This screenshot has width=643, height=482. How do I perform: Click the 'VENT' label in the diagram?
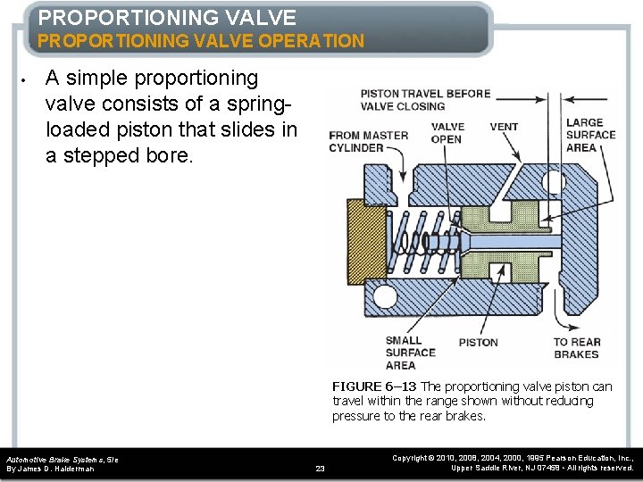click(x=504, y=127)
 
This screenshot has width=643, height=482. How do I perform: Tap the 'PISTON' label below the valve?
click(x=478, y=342)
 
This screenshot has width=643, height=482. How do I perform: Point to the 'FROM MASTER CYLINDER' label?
click(x=368, y=141)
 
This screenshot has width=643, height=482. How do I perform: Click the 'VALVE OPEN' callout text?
click(x=447, y=133)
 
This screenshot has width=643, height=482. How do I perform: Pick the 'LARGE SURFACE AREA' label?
click(x=590, y=135)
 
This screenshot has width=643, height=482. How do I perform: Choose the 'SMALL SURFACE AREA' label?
click(x=410, y=353)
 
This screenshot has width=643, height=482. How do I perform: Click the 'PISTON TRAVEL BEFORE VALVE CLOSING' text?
click(x=425, y=100)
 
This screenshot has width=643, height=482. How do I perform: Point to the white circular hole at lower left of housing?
click(x=386, y=295)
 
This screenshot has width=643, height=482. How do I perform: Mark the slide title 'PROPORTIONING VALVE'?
click(x=167, y=17)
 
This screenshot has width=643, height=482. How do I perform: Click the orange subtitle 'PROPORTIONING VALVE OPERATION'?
click(x=200, y=41)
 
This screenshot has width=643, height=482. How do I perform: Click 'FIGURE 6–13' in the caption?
click(x=373, y=386)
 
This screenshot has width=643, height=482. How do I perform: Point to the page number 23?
click(x=321, y=468)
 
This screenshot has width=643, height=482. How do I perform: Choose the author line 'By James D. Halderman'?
click(x=51, y=469)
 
